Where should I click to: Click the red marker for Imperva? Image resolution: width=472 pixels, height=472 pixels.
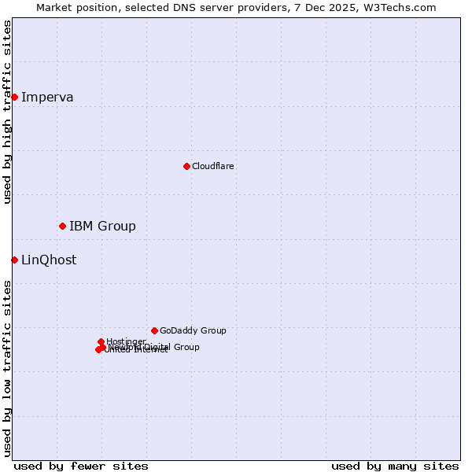(14, 97)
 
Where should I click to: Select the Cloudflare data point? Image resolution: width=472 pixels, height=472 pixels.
(186, 166)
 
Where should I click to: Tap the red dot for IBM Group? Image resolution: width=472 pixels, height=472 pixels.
(62, 226)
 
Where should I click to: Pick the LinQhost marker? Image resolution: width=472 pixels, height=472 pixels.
(14, 260)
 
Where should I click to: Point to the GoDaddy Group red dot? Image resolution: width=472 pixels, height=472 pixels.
(154, 330)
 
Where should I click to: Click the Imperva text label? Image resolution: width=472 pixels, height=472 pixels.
(47, 98)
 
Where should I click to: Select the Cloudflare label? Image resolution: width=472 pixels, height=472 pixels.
(212, 166)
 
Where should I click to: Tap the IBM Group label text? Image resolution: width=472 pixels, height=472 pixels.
(102, 227)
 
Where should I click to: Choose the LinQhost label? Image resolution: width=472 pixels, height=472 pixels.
(49, 260)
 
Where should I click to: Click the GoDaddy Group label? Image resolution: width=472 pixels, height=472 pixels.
(193, 330)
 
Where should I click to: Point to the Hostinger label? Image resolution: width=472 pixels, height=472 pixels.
(126, 341)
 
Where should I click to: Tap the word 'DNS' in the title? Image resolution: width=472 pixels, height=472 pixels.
(199, 7)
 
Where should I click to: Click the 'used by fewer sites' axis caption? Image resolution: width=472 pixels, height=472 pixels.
(81, 466)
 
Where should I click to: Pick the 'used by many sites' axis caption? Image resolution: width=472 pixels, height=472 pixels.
(395, 466)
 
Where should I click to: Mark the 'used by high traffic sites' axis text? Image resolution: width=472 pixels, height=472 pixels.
(7, 112)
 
